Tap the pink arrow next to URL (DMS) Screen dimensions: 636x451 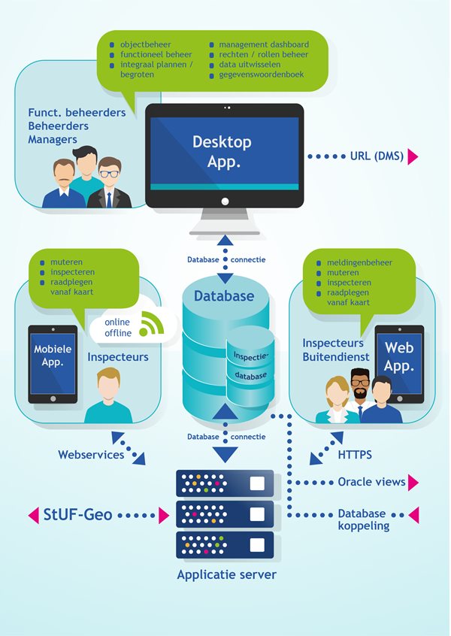tap(413, 156)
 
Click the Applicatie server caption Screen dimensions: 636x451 tap(226, 575)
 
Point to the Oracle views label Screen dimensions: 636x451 tap(371, 482)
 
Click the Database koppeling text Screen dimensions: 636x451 tap(362, 519)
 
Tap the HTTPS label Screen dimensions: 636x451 tap(355, 455)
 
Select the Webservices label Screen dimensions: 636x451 tap(91, 455)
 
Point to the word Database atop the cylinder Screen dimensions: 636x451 tap(224, 296)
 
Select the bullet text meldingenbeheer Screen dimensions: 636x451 tap(359, 262)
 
